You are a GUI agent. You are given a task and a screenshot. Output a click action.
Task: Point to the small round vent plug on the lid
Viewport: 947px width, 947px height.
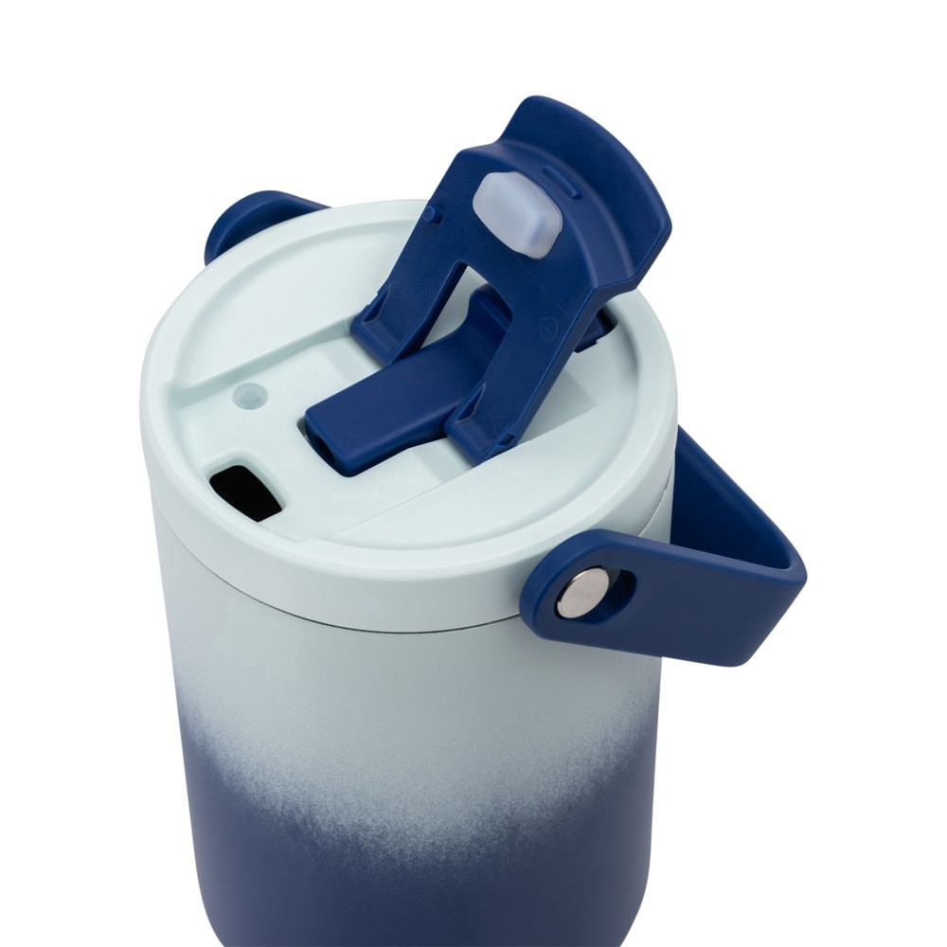[x=249, y=396]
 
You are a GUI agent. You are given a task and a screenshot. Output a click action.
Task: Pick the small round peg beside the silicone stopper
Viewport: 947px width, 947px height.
[x=432, y=215]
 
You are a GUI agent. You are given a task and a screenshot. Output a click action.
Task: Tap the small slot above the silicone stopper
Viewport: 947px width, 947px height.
[x=559, y=177]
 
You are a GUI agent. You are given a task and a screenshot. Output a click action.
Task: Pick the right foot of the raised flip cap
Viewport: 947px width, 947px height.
[x=473, y=436]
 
